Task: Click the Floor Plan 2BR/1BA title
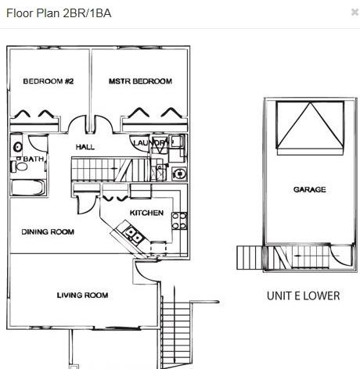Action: point(59,13)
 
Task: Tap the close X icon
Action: point(355,12)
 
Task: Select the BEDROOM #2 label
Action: point(49,81)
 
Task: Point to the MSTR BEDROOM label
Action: point(140,81)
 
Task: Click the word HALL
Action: point(85,147)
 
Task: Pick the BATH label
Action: point(34,159)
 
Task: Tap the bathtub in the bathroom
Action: point(28,187)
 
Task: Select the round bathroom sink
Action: point(17,147)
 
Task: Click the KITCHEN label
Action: point(146,213)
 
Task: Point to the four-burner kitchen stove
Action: point(179,220)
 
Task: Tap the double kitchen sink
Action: point(134,234)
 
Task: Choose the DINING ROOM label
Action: point(48,231)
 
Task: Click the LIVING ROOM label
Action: point(82,296)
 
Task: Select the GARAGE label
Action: point(310,189)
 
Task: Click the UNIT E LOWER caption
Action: point(304,296)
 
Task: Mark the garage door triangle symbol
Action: point(310,125)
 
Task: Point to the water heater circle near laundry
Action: point(179,174)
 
